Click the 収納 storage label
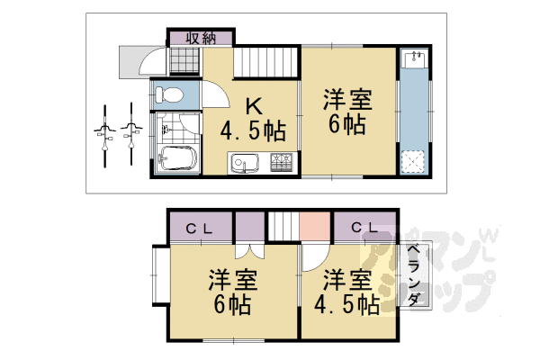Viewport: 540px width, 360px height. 201,38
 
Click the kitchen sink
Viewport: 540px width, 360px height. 244,165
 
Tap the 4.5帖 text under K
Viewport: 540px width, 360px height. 254,132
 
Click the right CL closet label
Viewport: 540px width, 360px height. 364,229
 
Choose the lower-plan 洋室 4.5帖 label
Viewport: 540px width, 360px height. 346,290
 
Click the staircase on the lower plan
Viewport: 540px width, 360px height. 283,224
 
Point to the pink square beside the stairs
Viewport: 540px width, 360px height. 316,224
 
